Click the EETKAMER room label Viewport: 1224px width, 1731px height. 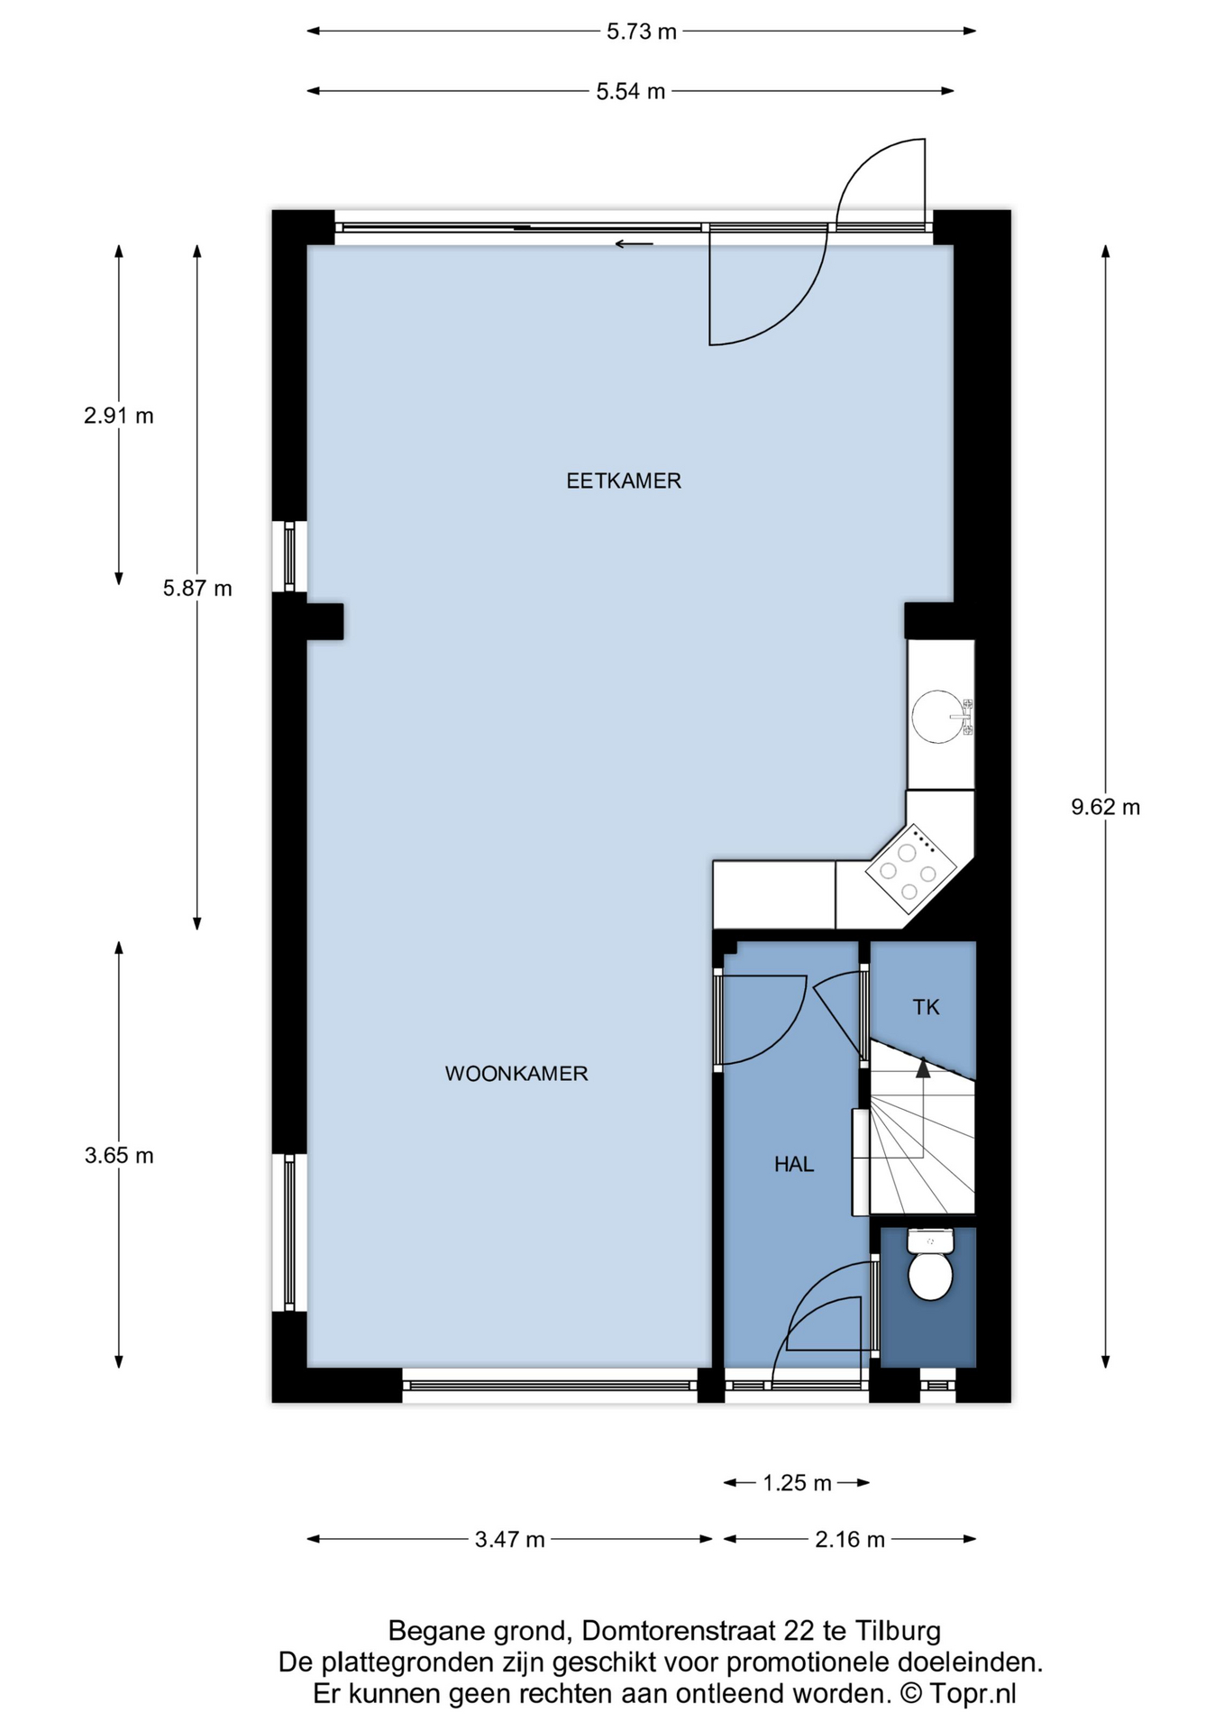coord(624,481)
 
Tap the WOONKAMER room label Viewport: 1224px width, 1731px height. coord(516,1074)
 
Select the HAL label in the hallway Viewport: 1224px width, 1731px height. coord(794,1165)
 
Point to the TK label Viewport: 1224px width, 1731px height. coord(927,1008)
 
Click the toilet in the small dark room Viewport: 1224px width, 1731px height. coord(930,1265)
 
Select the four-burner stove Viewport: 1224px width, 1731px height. coord(911,865)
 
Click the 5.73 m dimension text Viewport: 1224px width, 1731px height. coord(642,32)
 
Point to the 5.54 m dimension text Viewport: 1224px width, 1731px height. coord(631,91)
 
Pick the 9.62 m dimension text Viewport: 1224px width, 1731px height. coord(1106,807)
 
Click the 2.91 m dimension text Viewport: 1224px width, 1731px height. coord(119,416)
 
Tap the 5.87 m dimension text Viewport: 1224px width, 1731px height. coord(197,589)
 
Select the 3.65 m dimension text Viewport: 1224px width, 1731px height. coord(119,1156)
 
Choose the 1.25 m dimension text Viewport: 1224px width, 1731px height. coord(798,1483)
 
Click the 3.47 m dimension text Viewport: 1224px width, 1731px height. coord(510,1540)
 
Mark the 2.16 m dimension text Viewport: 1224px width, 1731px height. coord(850,1540)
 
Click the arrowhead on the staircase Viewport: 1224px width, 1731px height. coord(923,1068)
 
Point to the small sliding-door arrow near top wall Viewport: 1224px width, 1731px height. coord(634,243)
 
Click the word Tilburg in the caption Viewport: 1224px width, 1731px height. coord(898,1631)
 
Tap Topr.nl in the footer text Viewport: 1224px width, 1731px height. coord(973,1694)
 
